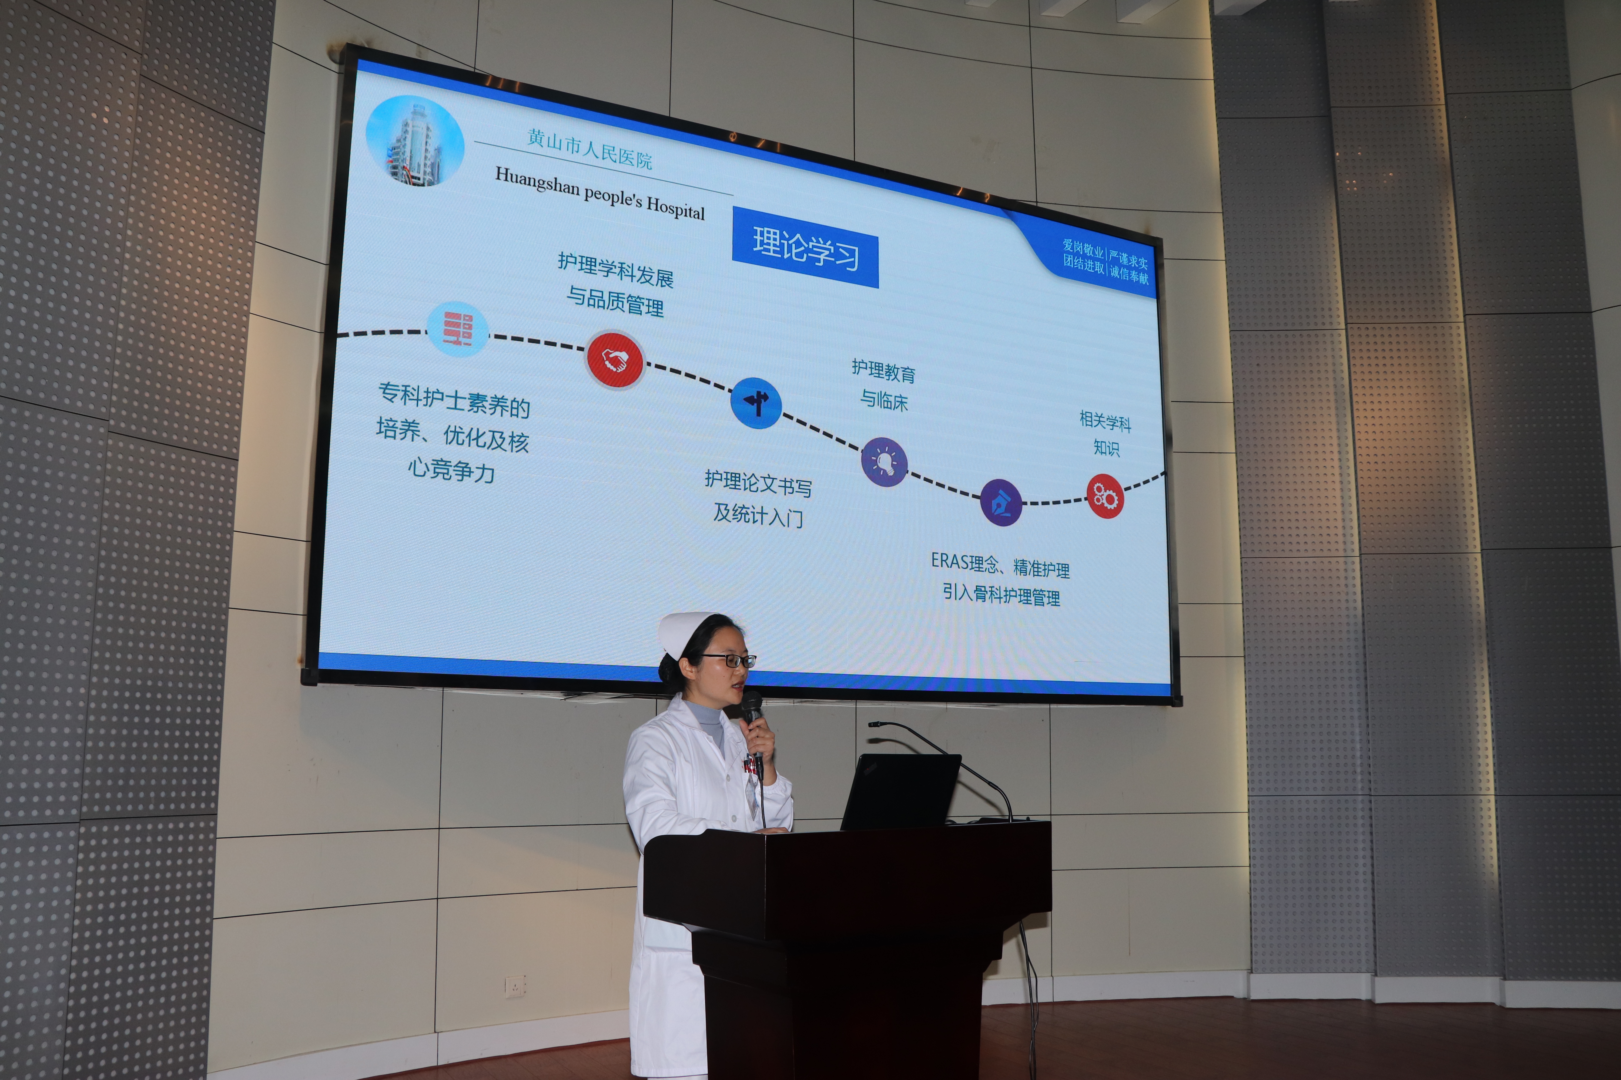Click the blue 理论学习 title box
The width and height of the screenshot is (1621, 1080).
[805, 247]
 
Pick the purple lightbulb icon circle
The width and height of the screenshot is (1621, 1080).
[884, 461]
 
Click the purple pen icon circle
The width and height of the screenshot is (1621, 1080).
[1001, 502]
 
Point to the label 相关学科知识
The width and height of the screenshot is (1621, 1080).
[1106, 434]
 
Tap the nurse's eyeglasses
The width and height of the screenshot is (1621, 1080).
[729, 660]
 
